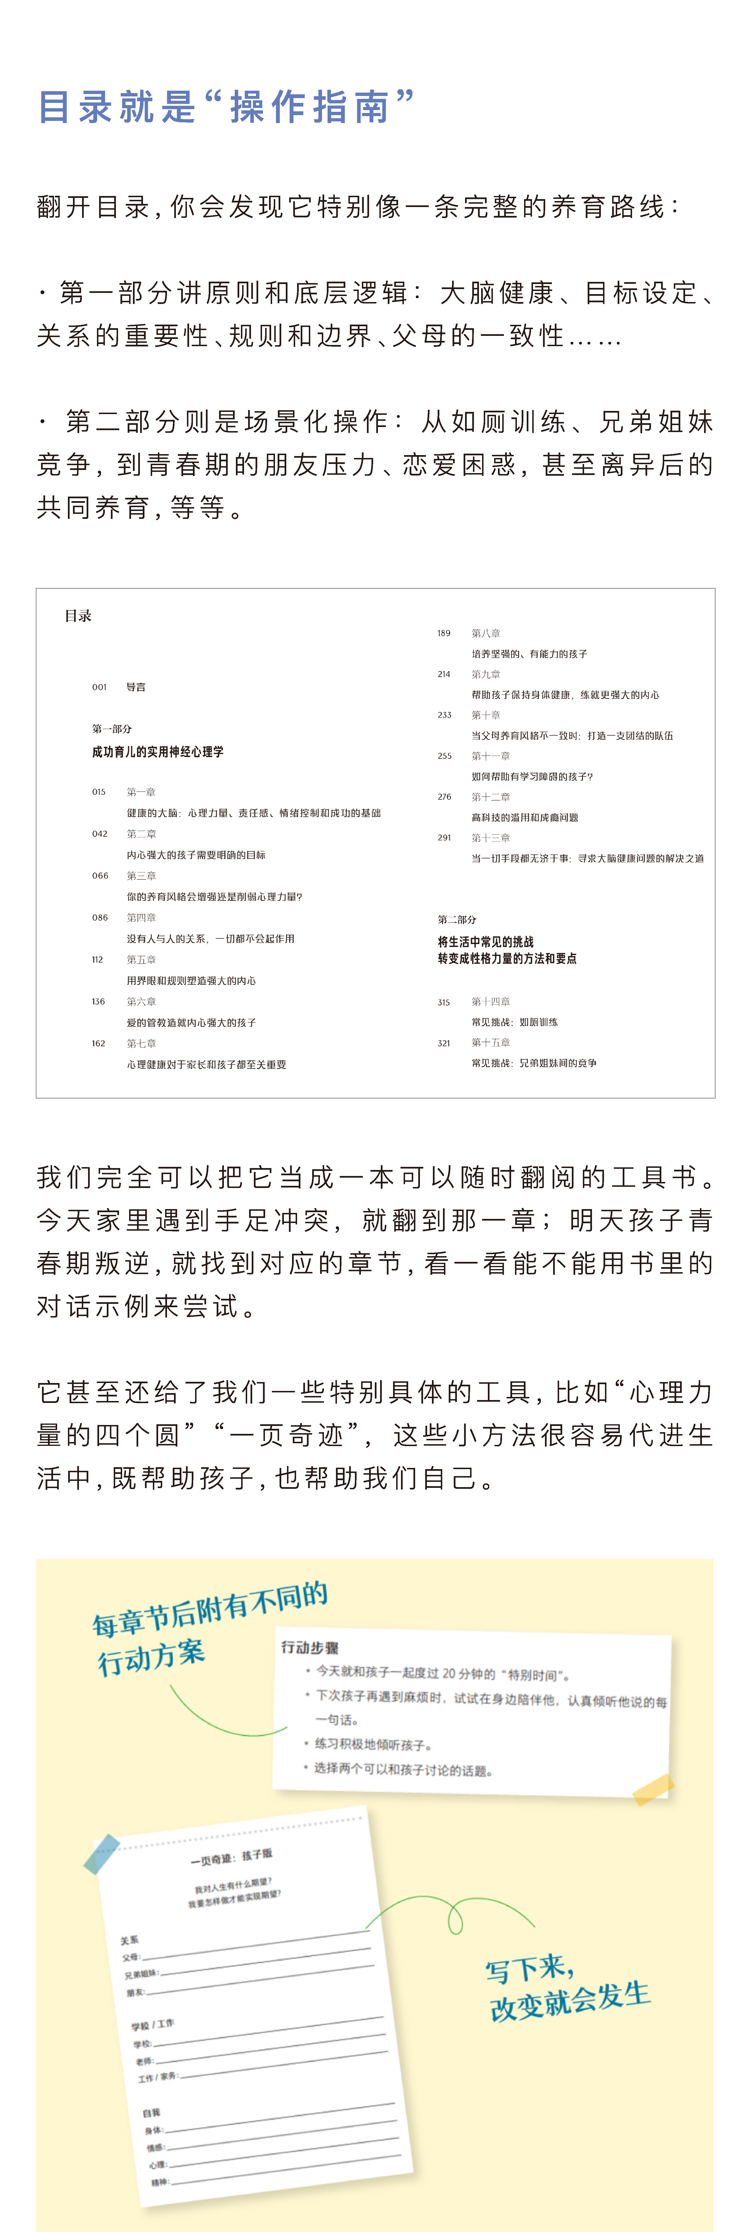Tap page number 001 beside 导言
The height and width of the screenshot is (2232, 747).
click(100, 687)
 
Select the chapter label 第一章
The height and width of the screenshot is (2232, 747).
click(141, 792)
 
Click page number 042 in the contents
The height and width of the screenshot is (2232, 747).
click(100, 834)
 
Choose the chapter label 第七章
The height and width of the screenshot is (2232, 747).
click(141, 1043)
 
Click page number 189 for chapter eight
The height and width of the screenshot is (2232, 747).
click(444, 633)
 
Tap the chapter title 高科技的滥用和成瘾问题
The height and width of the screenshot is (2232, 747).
click(524, 817)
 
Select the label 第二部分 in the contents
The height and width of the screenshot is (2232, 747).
click(457, 919)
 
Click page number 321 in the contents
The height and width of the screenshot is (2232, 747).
click(444, 1043)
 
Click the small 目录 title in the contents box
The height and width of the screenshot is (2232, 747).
click(78, 616)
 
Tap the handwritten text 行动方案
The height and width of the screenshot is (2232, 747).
click(152, 1657)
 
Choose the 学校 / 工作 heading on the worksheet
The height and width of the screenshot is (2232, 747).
click(153, 2025)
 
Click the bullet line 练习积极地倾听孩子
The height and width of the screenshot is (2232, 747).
click(373, 1744)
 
